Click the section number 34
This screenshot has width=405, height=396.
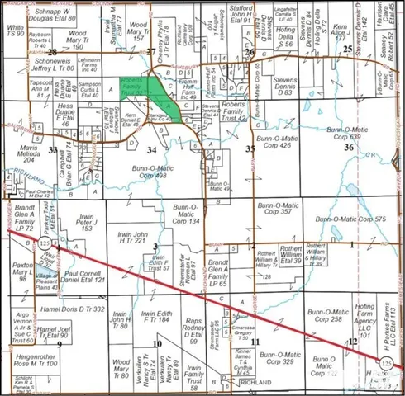(151, 150)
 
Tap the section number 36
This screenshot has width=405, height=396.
(349, 148)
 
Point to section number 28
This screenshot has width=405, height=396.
(54, 52)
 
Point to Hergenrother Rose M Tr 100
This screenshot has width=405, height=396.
(35, 360)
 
